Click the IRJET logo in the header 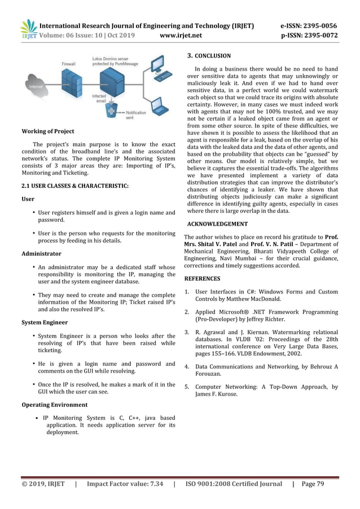28,30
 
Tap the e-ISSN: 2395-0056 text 309,25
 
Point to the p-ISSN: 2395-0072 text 309,36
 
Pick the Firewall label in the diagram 68,64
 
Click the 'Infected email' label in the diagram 98,99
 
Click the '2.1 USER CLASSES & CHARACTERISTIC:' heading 74,185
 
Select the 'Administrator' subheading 41,253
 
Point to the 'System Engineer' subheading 44,322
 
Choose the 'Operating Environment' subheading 54,405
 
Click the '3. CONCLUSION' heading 208,56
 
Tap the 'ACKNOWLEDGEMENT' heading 217,224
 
